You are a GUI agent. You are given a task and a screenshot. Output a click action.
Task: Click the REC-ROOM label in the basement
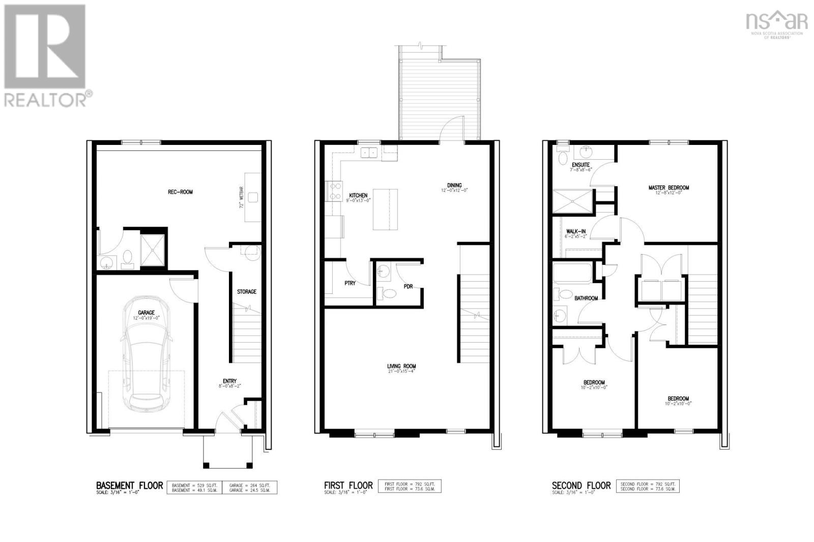(180, 192)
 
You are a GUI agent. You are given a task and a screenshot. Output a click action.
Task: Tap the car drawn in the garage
(146, 356)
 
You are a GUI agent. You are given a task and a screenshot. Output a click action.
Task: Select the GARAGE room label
(146, 313)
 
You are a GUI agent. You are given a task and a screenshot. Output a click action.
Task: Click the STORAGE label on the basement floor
(247, 292)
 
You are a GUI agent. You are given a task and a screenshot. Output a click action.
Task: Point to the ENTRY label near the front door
(229, 381)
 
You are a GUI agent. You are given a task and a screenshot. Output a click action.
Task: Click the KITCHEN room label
(358, 195)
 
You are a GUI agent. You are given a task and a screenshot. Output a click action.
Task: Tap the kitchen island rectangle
(385, 209)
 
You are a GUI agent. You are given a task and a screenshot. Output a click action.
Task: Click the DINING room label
(454, 186)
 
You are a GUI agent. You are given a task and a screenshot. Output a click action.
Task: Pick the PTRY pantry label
(350, 283)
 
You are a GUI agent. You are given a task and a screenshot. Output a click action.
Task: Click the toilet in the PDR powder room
(389, 293)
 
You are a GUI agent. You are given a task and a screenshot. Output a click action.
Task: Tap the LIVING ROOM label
(401, 366)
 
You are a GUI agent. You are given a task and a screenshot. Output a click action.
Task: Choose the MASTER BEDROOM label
(668, 188)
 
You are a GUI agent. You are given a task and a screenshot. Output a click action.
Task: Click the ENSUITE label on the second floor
(580, 165)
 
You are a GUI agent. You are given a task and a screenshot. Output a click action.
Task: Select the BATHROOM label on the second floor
(586, 298)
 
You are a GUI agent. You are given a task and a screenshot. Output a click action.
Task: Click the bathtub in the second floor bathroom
(573, 273)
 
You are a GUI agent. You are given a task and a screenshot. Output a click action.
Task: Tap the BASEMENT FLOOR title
(130, 486)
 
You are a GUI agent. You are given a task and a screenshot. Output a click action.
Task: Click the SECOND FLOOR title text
(582, 486)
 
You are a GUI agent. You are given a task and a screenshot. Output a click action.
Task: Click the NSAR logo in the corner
(776, 23)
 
